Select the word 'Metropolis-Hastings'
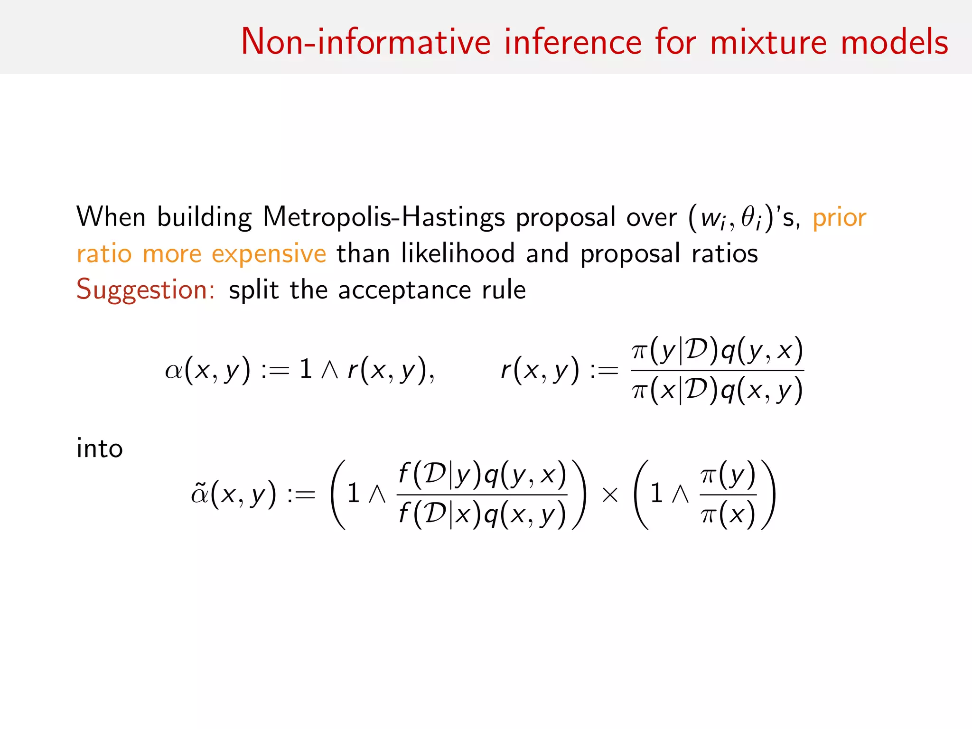[383, 217]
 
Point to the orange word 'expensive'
[269, 254]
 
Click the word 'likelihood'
[458, 253]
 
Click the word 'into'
[100, 448]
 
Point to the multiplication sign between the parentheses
[610, 495]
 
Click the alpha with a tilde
[199, 495]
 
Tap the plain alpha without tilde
[173, 371]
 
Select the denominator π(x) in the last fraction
[728, 514]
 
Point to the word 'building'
[204, 217]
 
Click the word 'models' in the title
[894, 42]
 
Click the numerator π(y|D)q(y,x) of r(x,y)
[717, 351]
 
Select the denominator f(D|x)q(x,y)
[482, 514]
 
